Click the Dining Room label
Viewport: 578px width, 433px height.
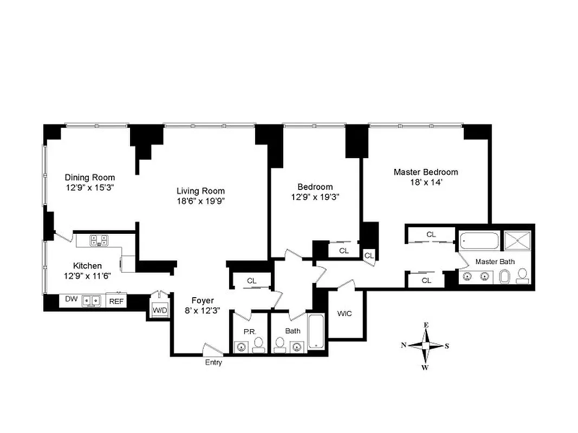point(90,177)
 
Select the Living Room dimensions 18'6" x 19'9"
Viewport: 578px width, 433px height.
point(200,201)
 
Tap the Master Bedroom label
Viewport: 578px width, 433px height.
point(425,172)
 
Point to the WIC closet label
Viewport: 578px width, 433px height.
point(345,313)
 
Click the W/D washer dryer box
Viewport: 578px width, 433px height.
point(160,310)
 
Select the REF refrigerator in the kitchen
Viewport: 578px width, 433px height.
point(116,301)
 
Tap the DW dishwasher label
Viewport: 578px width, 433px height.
point(71,299)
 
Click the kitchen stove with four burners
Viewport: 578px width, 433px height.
point(98,240)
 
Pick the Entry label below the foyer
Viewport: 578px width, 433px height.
point(213,363)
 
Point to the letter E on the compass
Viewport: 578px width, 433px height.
point(426,325)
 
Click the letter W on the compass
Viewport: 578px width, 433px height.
point(426,368)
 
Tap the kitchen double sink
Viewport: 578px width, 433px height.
point(90,300)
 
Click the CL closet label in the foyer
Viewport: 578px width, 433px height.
point(251,280)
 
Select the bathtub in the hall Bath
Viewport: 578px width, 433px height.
point(315,330)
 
